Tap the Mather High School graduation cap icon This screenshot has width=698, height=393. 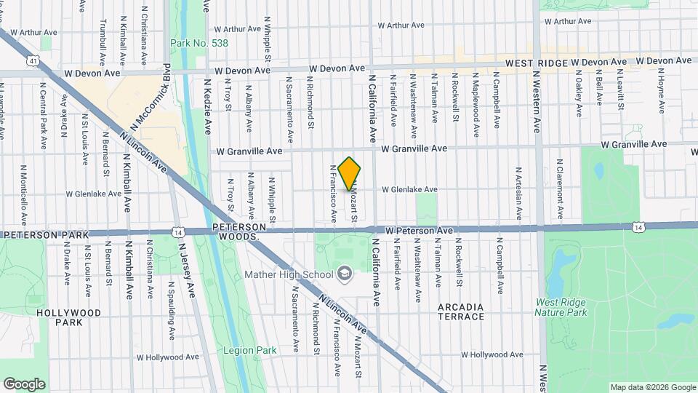pos(345,274)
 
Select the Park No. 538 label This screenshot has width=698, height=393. pos(199,44)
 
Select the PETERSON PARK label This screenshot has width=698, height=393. pos(45,235)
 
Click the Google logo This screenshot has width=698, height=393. pos(24,384)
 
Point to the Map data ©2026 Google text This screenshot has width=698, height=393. pos(652,387)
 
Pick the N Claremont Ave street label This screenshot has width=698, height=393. pos(560,190)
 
